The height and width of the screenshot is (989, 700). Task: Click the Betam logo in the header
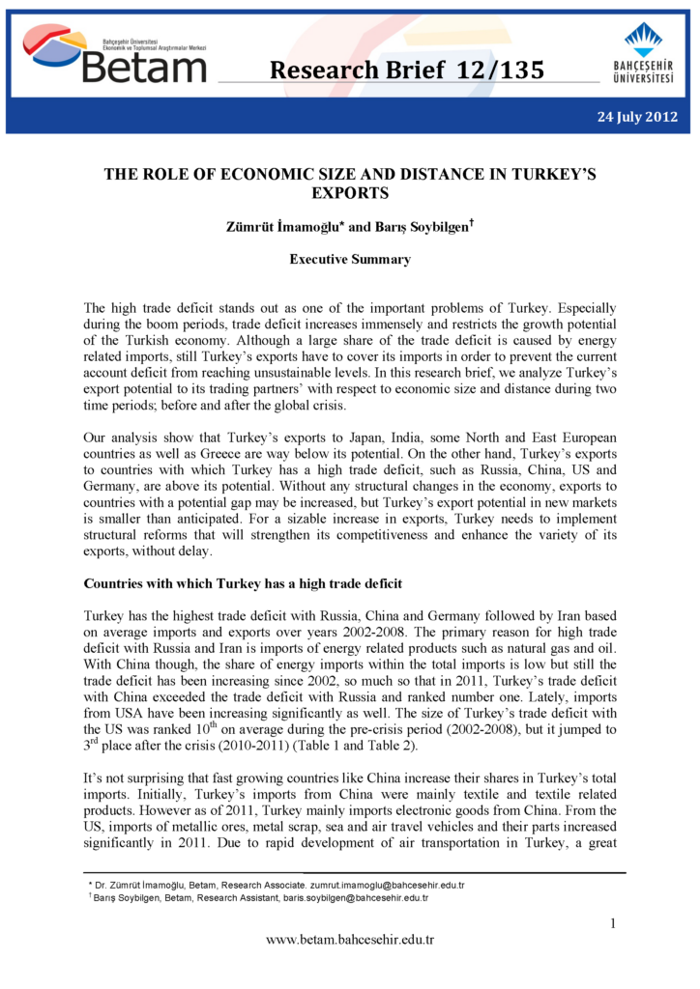coord(116,55)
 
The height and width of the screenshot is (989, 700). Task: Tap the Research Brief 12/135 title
coord(406,70)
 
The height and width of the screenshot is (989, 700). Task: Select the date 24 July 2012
coord(637,117)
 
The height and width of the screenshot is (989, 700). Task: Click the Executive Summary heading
coord(350,259)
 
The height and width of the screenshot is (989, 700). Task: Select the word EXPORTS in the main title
coord(350,193)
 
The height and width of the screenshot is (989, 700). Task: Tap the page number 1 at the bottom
coord(612,923)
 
